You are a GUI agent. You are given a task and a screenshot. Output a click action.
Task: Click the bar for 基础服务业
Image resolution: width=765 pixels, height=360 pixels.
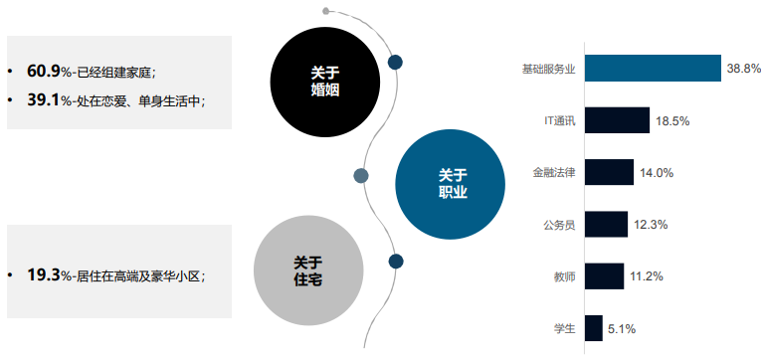[653, 69]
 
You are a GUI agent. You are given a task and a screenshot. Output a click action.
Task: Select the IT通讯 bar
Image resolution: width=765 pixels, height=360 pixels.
[617, 120]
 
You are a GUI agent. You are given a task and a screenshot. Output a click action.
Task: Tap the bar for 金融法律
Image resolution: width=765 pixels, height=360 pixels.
[609, 172]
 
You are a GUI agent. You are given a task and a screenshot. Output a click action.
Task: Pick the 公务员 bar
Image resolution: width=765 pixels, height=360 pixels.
[606, 224]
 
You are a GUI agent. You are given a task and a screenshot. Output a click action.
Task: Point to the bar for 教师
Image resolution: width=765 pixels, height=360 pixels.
[604, 275]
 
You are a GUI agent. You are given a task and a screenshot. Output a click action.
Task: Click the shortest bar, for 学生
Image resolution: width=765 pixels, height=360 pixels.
[594, 327]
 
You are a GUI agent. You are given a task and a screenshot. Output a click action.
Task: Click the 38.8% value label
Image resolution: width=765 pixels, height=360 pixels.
[744, 69]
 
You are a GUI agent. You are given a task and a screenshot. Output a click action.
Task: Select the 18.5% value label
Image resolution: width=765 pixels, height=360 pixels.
[672, 120]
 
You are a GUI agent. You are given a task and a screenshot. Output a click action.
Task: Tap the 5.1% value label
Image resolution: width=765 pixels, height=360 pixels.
[622, 328]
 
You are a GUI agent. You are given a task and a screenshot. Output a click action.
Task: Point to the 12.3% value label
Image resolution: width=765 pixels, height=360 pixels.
[651, 225]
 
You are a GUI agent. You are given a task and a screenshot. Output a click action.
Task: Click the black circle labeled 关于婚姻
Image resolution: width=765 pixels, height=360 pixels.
[324, 80]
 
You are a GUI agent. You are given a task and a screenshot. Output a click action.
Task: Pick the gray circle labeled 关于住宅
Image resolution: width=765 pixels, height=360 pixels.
[307, 271]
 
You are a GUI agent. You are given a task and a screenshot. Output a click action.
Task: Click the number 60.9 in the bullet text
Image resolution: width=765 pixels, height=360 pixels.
[44, 71]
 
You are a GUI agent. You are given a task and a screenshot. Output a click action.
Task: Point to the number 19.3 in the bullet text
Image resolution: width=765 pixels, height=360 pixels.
[44, 275]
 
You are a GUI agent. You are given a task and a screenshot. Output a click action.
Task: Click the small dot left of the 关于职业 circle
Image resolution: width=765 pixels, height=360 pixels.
[361, 175]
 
